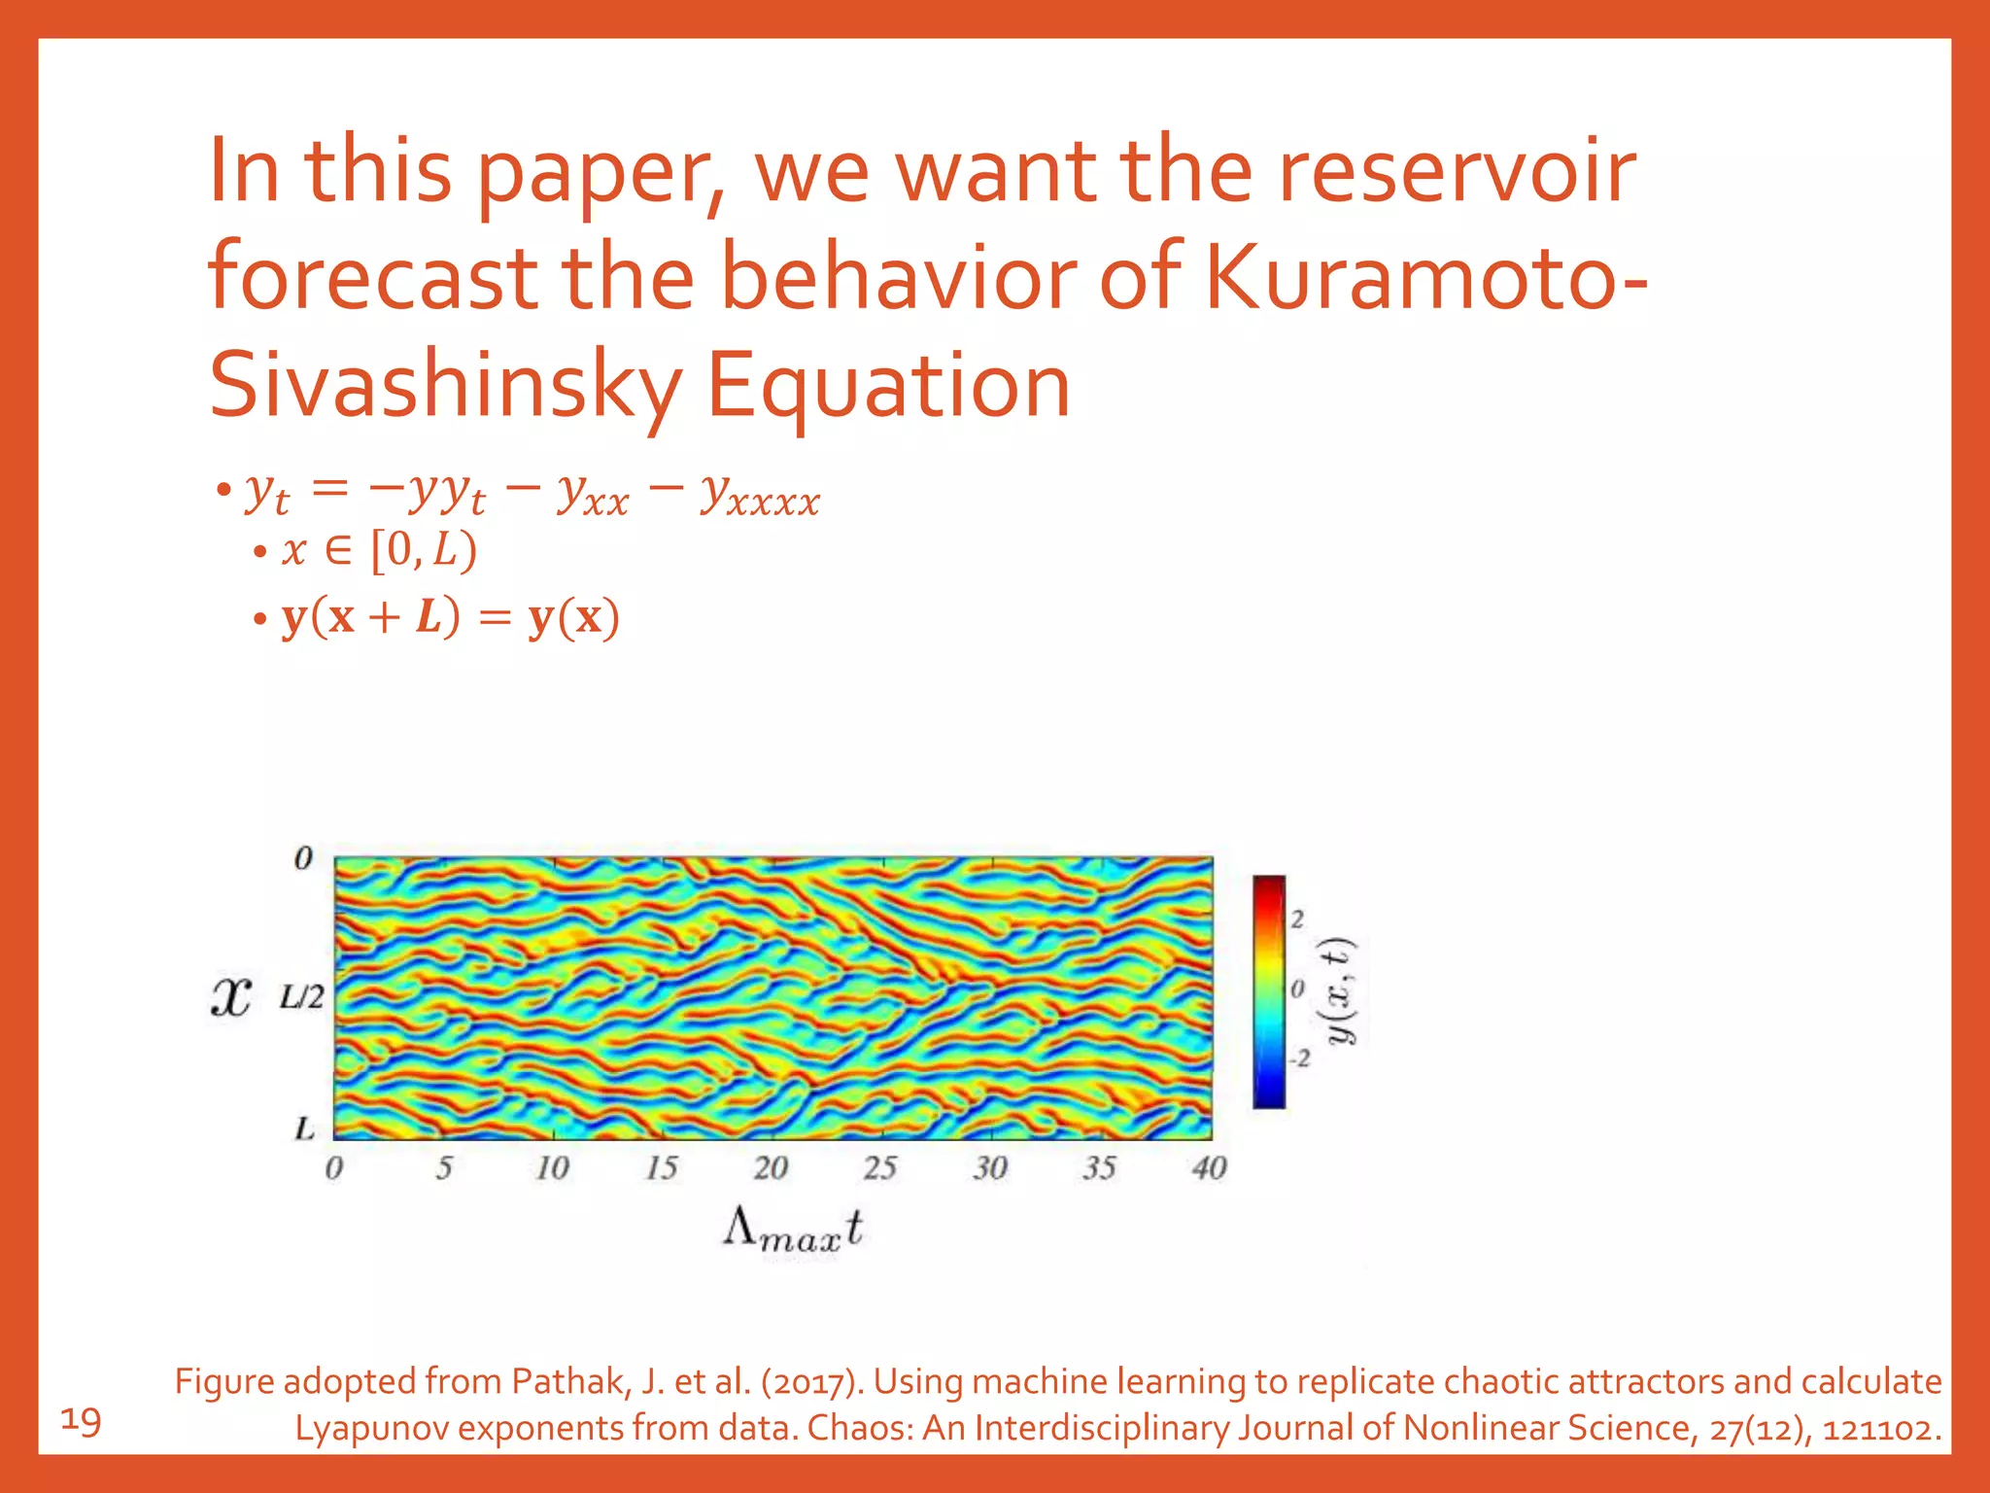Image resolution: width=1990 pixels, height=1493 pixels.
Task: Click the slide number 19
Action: tap(81, 1422)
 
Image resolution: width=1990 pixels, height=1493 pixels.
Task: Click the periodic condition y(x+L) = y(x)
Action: tap(450, 618)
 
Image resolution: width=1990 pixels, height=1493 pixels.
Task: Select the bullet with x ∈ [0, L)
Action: tap(379, 551)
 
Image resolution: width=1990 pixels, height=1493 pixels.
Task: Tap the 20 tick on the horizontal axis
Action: tap(771, 1167)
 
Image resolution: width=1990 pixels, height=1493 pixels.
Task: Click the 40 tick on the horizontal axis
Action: tap(1209, 1167)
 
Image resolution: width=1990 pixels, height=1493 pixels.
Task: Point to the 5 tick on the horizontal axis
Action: tap(444, 1167)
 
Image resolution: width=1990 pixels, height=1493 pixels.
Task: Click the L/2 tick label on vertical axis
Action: tap(301, 997)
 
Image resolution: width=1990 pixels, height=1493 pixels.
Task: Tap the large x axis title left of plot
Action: tap(231, 998)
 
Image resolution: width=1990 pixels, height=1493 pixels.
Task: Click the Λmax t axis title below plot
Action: tap(793, 1230)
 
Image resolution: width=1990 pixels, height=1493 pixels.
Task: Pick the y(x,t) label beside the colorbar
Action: tap(1342, 990)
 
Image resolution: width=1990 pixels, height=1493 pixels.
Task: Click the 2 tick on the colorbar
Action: tap(1298, 919)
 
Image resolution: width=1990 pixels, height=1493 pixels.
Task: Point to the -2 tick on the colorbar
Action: tap(1299, 1059)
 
